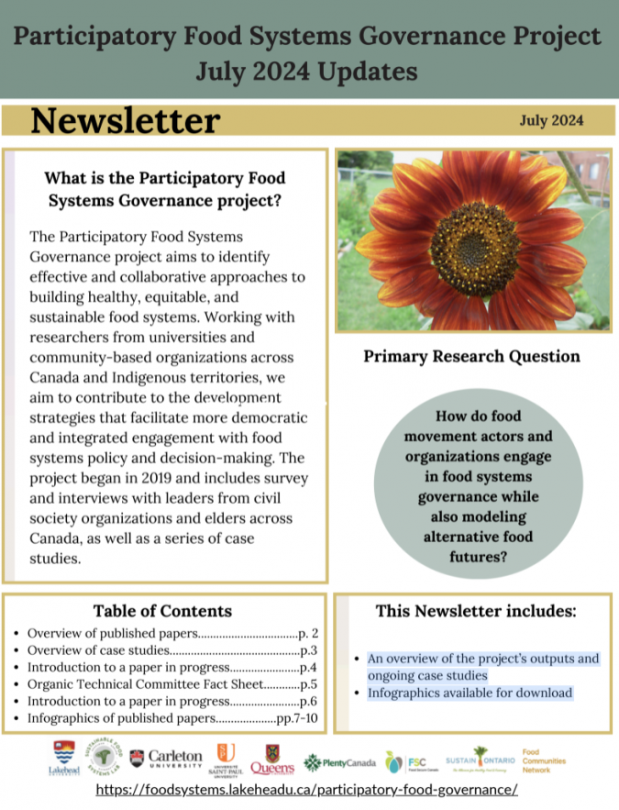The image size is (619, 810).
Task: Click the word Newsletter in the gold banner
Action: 126,120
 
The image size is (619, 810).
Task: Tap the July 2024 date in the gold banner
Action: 550,120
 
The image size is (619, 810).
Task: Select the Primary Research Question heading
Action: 471,356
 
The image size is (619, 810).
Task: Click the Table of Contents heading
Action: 162,611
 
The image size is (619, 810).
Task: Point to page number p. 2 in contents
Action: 309,633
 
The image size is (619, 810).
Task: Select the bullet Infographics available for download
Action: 470,693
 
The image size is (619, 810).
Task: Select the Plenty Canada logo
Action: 339,762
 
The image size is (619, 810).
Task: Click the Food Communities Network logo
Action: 544,760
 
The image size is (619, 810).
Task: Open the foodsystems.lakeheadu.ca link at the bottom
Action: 306,790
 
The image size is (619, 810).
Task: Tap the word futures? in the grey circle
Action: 474,556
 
